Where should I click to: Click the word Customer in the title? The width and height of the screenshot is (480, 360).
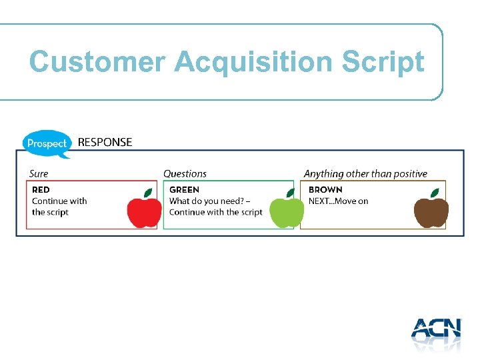point(97,62)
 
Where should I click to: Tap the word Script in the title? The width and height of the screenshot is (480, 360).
point(383,62)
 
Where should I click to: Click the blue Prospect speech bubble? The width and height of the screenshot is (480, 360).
point(47,143)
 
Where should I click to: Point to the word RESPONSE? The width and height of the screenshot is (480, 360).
point(105,142)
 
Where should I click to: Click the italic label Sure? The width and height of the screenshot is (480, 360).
point(39,174)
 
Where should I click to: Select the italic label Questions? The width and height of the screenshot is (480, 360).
point(185,174)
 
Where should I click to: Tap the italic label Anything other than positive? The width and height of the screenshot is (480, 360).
point(365,174)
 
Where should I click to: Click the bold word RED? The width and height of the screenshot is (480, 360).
point(41,190)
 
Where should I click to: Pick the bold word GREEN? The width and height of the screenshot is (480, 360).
point(184,190)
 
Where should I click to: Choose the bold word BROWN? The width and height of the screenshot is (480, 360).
point(325,190)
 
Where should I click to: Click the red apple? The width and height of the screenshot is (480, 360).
point(145,212)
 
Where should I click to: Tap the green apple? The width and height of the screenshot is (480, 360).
point(286,212)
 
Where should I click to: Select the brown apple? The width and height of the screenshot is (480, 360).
point(431,212)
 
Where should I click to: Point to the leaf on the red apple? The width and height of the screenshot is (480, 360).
point(149,193)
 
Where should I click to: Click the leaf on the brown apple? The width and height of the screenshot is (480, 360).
point(435,193)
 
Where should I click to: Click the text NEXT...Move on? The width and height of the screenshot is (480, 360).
point(338,201)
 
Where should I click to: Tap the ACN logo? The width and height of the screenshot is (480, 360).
point(436,333)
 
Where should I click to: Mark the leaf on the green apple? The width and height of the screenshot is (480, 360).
point(290,193)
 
